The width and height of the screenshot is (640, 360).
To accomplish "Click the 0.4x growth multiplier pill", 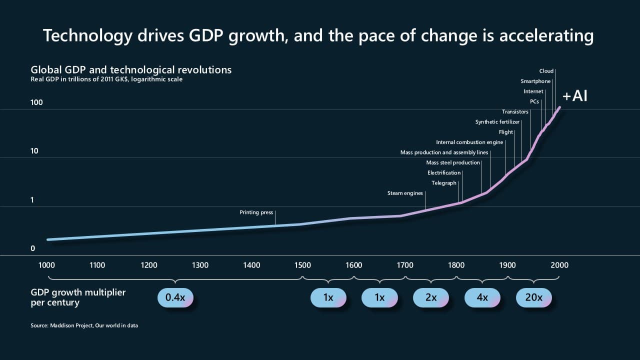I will tap(175, 297).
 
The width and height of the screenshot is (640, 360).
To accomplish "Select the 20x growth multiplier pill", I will tap(533, 297).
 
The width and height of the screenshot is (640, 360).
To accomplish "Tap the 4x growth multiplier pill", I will tap(482, 297).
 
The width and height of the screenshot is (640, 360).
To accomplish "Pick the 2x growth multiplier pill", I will tap(430, 297).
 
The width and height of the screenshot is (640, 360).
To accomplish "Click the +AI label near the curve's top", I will tap(574, 96).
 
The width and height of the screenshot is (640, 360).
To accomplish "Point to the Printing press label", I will tap(256, 212).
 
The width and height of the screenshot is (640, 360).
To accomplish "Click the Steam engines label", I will tap(405, 193).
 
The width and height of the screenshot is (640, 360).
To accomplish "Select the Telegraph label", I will tap(444, 183).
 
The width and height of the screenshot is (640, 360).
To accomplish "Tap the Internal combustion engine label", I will tap(469, 142).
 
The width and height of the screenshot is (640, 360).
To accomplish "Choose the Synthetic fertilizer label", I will tap(497, 122).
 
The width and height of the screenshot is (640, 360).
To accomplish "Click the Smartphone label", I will tap(535, 81).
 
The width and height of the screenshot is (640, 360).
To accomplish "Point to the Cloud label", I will tap(546, 71).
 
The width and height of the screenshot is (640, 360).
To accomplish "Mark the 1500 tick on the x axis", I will tap(302, 265).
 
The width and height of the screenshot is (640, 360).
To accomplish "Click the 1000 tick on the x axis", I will tap(46, 265).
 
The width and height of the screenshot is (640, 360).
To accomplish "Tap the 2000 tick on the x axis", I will tap(559, 265).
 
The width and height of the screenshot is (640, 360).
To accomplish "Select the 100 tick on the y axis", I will tap(36, 102).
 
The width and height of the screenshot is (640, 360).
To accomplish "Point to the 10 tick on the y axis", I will tap(34, 151).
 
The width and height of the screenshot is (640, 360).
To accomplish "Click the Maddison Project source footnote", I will tap(84, 325).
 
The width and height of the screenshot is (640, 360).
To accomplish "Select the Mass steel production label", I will tap(452, 162).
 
